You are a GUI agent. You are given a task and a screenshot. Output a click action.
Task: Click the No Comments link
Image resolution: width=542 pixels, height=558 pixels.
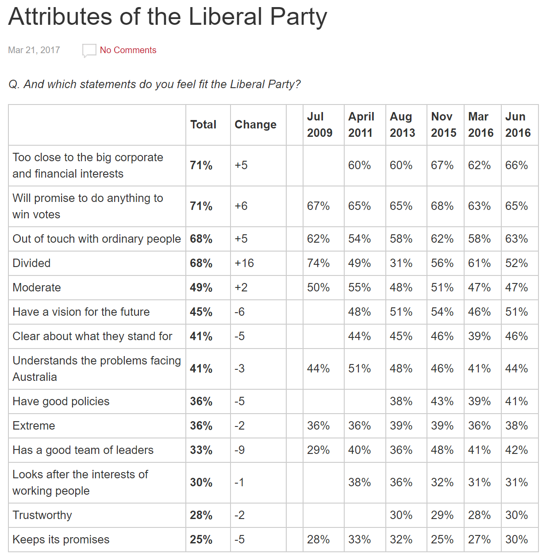tap(128, 50)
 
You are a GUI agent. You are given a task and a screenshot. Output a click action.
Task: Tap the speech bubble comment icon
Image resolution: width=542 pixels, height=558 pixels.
tap(89, 50)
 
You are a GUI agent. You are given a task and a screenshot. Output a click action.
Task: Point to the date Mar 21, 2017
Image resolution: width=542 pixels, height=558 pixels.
tap(34, 50)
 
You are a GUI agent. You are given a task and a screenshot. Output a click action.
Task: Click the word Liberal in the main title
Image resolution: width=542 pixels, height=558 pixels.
tap(226, 17)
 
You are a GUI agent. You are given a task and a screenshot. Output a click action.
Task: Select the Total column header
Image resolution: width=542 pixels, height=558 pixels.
tap(203, 124)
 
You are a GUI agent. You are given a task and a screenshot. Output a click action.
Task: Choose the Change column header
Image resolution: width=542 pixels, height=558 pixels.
tap(255, 124)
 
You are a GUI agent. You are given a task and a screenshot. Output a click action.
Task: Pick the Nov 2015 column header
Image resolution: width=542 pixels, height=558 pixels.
tap(443, 124)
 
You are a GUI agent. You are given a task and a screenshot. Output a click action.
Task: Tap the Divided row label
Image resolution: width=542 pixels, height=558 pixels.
tap(31, 263)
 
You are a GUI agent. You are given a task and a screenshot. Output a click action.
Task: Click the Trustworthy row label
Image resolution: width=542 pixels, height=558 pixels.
tap(42, 515)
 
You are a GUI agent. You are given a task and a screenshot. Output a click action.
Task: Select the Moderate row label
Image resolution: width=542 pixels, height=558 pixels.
tap(37, 287)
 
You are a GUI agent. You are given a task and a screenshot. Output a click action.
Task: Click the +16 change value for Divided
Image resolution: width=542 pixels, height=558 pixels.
tap(244, 263)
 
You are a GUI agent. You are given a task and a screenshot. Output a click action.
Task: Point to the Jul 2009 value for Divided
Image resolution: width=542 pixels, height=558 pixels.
tap(318, 263)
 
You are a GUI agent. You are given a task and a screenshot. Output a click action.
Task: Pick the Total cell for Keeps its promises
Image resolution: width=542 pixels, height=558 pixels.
tap(201, 539)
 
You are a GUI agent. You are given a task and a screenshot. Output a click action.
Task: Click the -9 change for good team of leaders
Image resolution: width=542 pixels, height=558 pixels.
tap(239, 450)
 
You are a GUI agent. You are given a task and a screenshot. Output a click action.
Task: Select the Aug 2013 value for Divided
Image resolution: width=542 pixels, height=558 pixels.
tap(401, 263)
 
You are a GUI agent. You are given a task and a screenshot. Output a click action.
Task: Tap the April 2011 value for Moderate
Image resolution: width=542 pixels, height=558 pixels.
tap(359, 287)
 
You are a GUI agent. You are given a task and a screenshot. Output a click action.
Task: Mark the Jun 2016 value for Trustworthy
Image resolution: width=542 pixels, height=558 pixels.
tap(516, 515)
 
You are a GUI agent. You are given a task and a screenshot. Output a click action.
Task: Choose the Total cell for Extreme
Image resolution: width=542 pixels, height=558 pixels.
tap(201, 426)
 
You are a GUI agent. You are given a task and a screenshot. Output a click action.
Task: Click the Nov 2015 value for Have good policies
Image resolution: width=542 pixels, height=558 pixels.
tap(442, 401)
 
